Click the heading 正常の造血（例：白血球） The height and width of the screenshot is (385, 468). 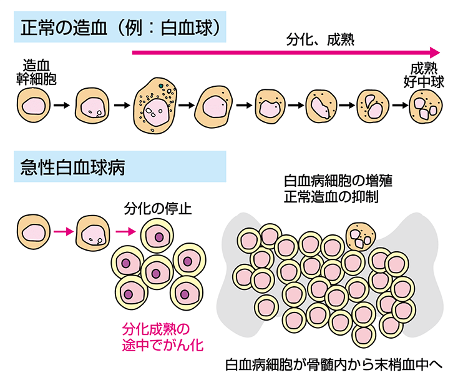[119, 28]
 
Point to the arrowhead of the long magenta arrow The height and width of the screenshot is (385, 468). [435, 52]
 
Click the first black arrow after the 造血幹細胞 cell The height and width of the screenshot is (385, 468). [61, 105]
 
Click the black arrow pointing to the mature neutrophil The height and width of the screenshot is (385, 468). [399, 105]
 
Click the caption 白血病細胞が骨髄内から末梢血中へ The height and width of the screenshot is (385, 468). [333, 364]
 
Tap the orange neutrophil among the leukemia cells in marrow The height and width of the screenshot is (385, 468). [361, 236]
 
